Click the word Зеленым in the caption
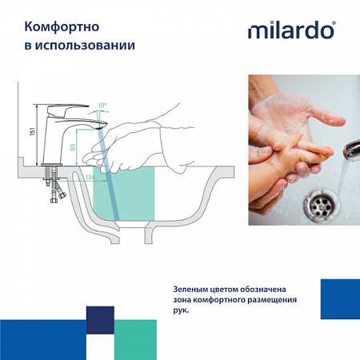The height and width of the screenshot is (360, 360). pos(194,288)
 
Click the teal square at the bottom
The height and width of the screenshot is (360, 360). pos(136,339)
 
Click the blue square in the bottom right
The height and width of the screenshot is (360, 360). pos(339,299)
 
